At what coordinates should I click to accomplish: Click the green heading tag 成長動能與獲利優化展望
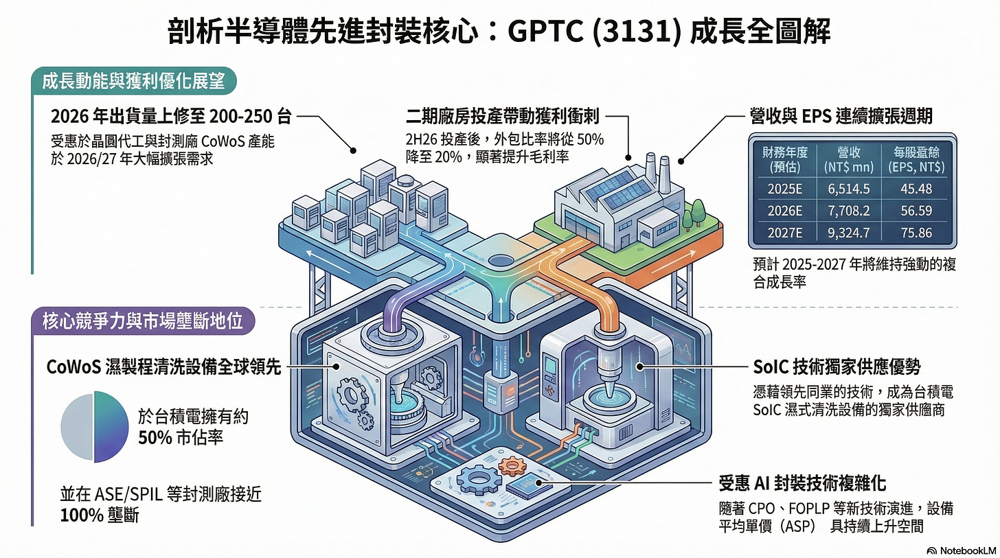134,82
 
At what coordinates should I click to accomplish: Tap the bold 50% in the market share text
155,438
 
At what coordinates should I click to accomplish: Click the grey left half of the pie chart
76,426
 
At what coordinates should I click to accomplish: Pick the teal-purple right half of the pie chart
111,426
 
